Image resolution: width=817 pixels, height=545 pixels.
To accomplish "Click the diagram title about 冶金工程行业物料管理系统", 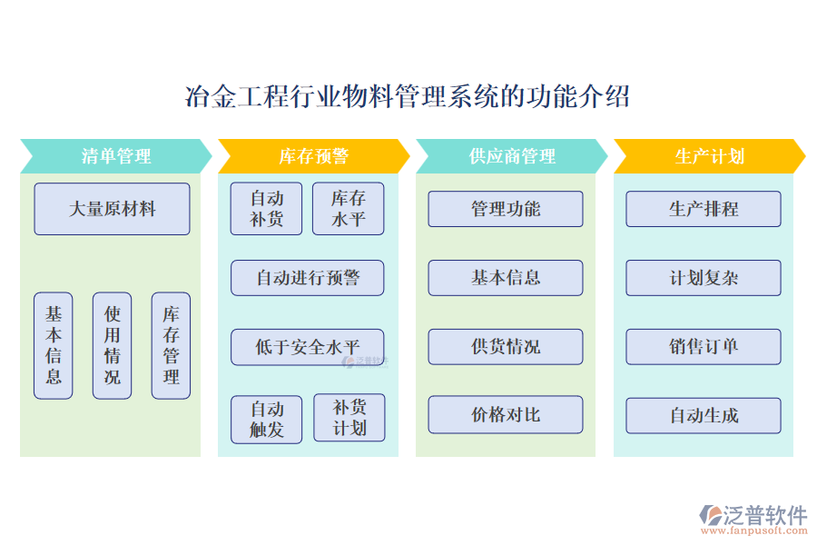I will (408, 96).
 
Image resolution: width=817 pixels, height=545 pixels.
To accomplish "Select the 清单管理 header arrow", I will (115, 156).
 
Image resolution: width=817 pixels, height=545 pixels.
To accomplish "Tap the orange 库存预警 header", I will (313, 156).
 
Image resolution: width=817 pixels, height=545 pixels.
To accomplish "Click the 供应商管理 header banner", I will (511, 156).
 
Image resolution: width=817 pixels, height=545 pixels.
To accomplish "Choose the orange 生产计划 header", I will (709, 156).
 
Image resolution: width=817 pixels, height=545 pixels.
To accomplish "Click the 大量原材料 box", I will (112, 209).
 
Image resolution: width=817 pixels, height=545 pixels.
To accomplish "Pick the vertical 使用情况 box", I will (112, 345).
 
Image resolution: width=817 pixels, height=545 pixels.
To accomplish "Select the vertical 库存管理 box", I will (171, 345).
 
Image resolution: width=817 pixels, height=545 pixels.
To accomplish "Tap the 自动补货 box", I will (266, 209).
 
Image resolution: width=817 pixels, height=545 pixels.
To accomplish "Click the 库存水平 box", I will (348, 209).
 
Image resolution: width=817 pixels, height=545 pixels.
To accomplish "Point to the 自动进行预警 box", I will (307, 278).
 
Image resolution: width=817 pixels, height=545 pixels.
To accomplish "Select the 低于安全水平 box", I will (307, 347).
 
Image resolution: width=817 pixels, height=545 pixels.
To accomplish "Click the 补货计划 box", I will (349, 418).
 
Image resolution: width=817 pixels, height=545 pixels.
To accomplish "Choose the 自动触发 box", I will (266, 419).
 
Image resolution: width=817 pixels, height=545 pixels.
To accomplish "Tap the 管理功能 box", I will (506, 209).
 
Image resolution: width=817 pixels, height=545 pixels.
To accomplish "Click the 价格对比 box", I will (506, 415).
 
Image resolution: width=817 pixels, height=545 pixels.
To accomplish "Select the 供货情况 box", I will (506, 346).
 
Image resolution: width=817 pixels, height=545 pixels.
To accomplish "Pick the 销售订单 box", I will (704, 346).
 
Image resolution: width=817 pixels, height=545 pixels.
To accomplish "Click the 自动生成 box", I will (704, 415).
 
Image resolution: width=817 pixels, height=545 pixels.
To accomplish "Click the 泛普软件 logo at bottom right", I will (753, 518).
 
